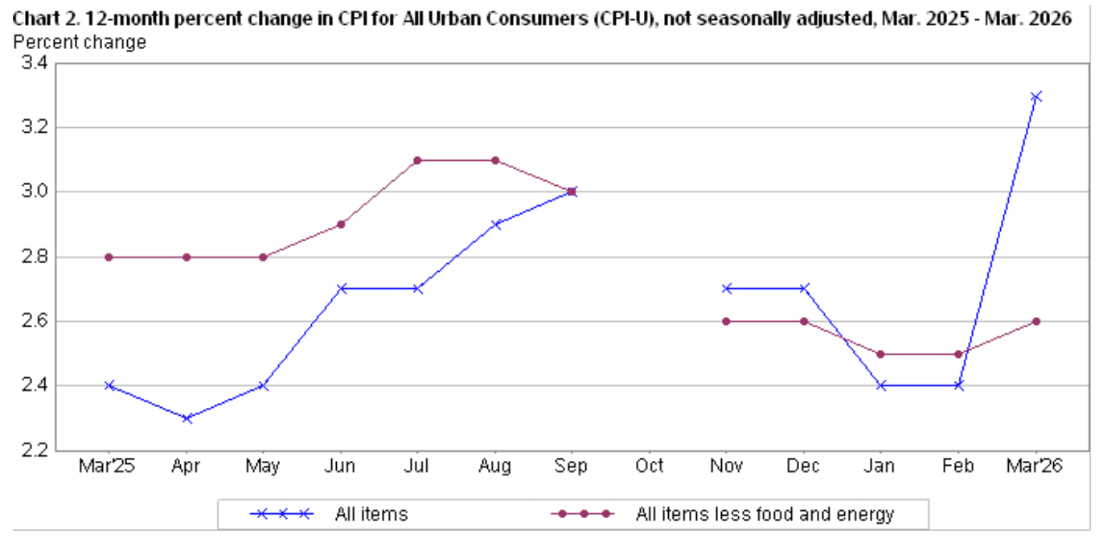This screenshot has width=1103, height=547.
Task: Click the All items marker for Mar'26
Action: click(x=1036, y=97)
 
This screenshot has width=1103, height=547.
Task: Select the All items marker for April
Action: click(x=187, y=418)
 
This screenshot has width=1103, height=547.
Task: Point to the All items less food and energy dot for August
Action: click(x=495, y=160)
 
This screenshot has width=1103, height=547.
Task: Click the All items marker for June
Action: click(x=341, y=288)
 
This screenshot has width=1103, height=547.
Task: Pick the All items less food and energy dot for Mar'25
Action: click(x=109, y=257)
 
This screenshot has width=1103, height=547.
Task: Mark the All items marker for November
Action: click(x=727, y=288)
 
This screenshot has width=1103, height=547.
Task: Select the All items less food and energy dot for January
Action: click(x=882, y=354)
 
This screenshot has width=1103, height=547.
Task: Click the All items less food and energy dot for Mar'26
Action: click(x=1036, y=321)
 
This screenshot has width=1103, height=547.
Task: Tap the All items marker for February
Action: click(x=959, y=385)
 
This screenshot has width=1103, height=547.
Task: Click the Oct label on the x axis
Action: click(x=650, y=467)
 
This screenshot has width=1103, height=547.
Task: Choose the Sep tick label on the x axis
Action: click(x=572, y=467)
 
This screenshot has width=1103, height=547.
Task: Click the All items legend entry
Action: click(x=371, y=514)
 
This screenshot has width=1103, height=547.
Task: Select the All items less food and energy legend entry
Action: click(x=764, y=514)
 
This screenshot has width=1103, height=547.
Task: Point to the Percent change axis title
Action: click(x=80, y=42)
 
